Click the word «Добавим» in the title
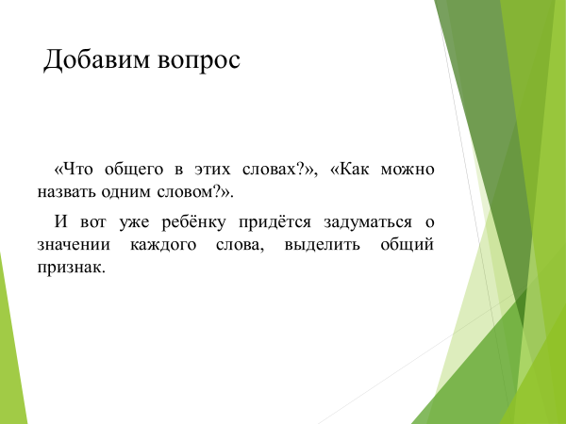[x=96, y=59]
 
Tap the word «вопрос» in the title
[x=199, y=61]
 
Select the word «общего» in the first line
[x=134, y=170]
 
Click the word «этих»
[x=212, y=170]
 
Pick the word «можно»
[x=408, y=170]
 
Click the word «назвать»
[x=66, y=192]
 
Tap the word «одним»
[x=126, y=192]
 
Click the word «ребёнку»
[x=193, y=222]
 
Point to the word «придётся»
[x=275, y=222]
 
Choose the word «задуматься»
[x=368, y=222]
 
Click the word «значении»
[x=74, y=245]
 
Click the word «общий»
[x=407, y=245]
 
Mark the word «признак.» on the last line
[x=71, y=269]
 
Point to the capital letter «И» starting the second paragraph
[x=60, y=221]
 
